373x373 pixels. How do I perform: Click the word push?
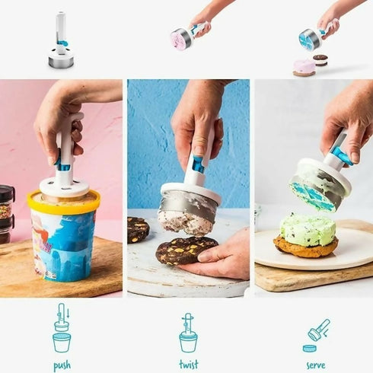coord(62,365)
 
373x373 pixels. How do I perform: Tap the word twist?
coord(188,365)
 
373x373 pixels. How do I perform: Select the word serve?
coord(314,365)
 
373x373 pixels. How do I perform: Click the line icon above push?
coord(62,328)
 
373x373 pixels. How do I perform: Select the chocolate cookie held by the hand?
coord(186,250)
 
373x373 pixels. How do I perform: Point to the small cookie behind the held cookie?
coord(138,228)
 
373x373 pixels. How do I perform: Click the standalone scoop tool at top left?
coord(61,43)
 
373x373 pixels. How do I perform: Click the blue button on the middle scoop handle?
coord(197,164)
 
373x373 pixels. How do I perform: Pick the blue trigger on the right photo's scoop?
coord(342,155)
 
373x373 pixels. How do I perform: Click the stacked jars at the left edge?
coord(7,213)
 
